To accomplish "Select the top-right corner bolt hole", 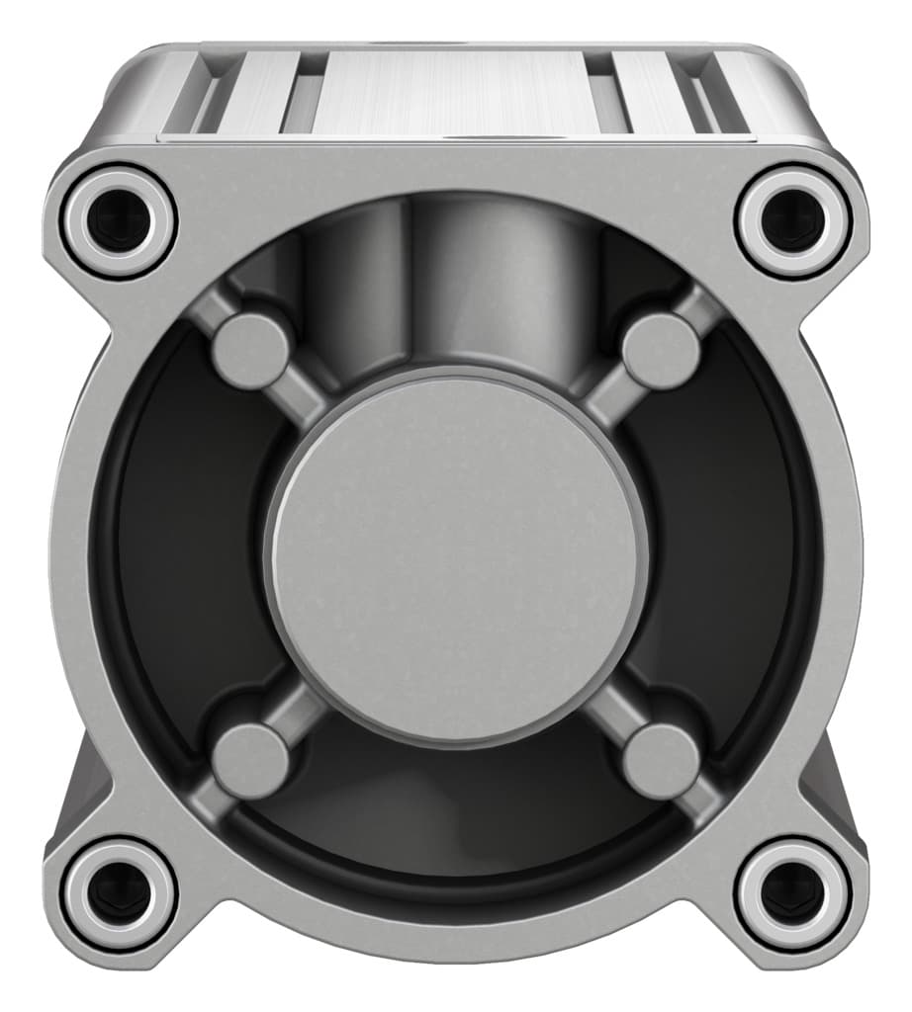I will [x=793, y=218].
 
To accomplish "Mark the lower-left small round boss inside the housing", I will [x=250, y=760].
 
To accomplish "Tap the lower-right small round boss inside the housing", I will [x=662, y=760].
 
